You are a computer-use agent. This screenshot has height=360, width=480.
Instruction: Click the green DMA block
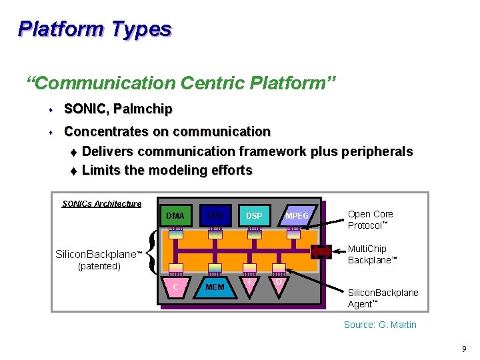click(x=175, y=215)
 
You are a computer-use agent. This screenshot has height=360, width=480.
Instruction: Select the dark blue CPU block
click(x=215, y=215)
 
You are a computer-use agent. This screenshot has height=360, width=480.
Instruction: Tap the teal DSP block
click(x=254, y=215)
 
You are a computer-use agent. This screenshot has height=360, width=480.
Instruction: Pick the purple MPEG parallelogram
click(x=296, y=215)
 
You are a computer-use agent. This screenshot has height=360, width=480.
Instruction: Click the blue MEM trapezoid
click(x=215, y=287)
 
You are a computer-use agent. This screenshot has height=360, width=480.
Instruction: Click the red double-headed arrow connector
click(x=321, y=252)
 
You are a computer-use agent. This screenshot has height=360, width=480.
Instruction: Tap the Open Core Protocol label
click(x=371, y=219)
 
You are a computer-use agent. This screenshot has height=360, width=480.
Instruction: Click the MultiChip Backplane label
click(x=372, y=254)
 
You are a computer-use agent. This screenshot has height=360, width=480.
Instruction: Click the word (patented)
click(x=99, y=266)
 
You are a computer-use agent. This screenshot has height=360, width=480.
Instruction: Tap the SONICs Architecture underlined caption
click(x=101, y=203)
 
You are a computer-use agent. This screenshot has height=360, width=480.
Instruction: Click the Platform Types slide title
click(x=95, y=29)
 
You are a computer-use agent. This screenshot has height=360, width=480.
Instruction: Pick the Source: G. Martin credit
click(x=380, y=325)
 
